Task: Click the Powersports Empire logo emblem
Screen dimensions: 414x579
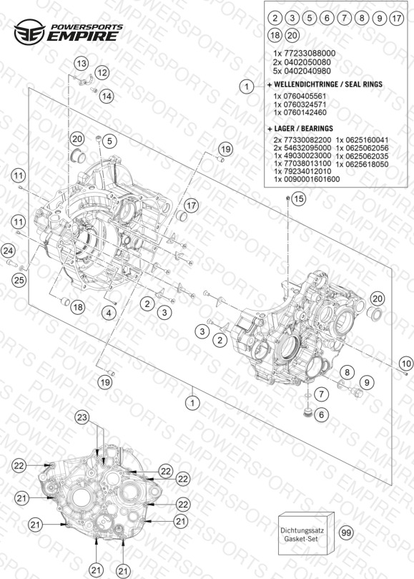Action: [29, 32]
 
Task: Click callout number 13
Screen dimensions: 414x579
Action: [82, 64]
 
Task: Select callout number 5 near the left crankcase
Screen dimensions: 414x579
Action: [109, 141]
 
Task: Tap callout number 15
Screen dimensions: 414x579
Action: [298, 199]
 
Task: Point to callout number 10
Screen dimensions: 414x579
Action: [406, 364]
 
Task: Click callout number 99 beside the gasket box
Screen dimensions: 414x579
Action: [346, 533]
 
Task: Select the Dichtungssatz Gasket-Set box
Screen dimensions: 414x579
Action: [306, 534]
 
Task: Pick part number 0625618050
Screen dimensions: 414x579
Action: [362, 165]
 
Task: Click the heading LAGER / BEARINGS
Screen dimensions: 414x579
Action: [300, 129]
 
